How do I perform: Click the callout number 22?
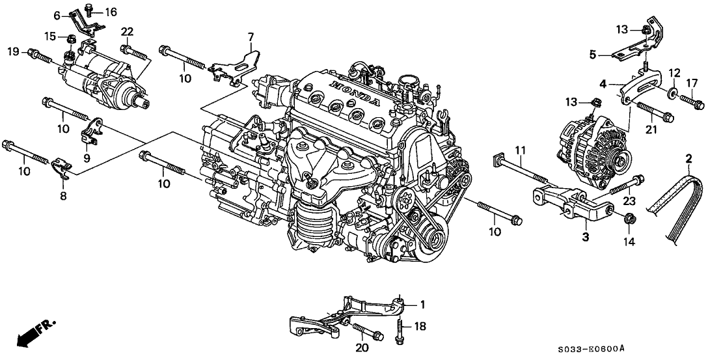point(127,32)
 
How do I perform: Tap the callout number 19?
point(12,51)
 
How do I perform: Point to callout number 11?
point(520,151)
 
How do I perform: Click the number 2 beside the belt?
point(689,158)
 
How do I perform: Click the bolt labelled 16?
point(89,12)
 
